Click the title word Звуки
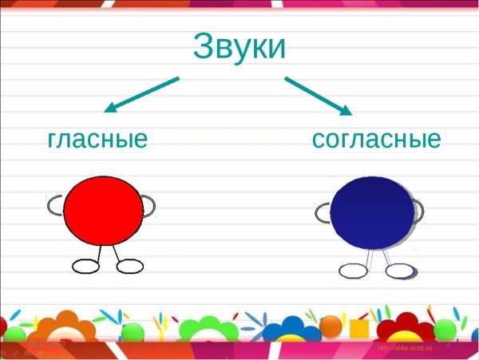pyautogui.click(x=239, y=46)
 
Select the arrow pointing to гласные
pyautogui.click(x=141, y=94)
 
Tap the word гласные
pyautogui.click(x=98, y=139)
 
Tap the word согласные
pyautogui.click(x=376, y=139)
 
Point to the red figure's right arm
pyautogui.click(x=148, y=207)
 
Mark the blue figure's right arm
pyautogui.click(x=418, y=210)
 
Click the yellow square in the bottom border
pyautogui.click(x=359, y=328)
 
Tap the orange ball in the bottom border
pyautogui.click(x=330, y=325)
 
